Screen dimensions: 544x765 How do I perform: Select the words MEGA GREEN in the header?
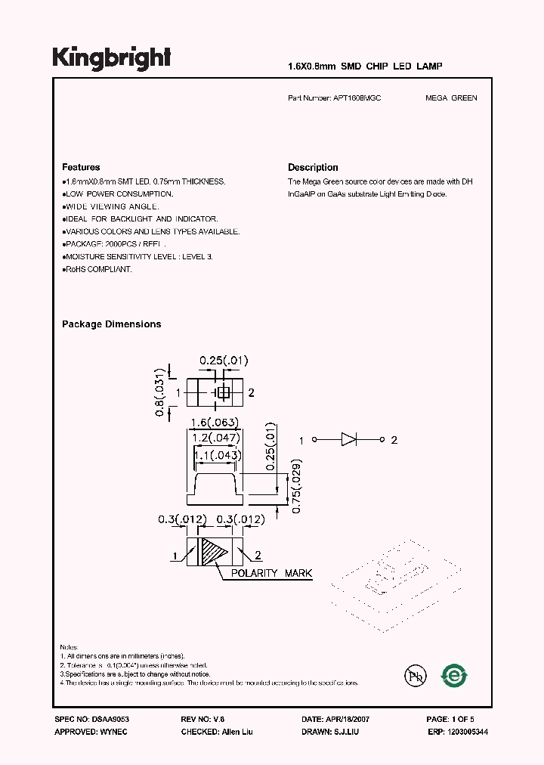coord(451,98)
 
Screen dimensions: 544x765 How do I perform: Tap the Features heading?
coord(81,167)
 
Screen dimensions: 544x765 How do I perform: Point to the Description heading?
coord(313,167)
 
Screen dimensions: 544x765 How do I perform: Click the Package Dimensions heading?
coord(111,324)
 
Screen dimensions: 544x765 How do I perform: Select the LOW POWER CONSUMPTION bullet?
coord(118,194)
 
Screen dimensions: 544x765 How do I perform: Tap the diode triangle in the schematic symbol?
coord(349,440)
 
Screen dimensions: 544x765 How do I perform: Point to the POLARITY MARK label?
coord(271,574)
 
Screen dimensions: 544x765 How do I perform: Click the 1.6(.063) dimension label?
coord(215,423)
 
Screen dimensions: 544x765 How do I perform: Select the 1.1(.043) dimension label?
coord(218,456)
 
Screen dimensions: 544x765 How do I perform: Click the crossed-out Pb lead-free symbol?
coord(413,674)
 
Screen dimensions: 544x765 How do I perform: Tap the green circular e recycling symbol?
coord(455,674)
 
